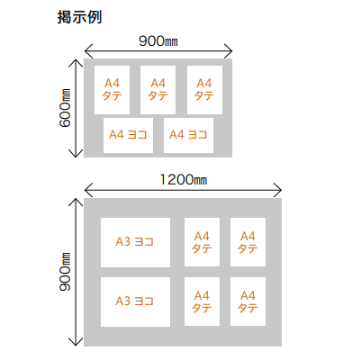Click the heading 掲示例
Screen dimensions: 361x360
coord(79,17)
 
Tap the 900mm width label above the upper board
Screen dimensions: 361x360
coord(158,41)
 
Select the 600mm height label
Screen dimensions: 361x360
coord(65,108)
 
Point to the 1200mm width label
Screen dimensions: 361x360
coord(183,180)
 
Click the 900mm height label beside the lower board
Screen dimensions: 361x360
coord(65,272)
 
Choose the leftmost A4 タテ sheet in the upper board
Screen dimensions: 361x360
coord(112,90)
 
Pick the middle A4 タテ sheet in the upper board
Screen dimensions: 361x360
coord(158,90)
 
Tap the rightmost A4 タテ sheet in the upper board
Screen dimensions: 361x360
coord(204,90)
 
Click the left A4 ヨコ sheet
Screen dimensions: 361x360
coord(128,135)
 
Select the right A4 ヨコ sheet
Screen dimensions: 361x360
coord(188,135)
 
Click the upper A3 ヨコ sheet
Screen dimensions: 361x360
coord(135,242)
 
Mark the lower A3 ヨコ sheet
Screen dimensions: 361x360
coord(135,301)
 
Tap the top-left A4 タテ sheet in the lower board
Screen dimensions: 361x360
coord(202,242)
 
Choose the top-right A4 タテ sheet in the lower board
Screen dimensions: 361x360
coord(248,242)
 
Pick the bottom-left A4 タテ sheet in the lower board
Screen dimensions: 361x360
coord(202,301)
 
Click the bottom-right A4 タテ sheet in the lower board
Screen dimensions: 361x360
coord(248,301)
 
